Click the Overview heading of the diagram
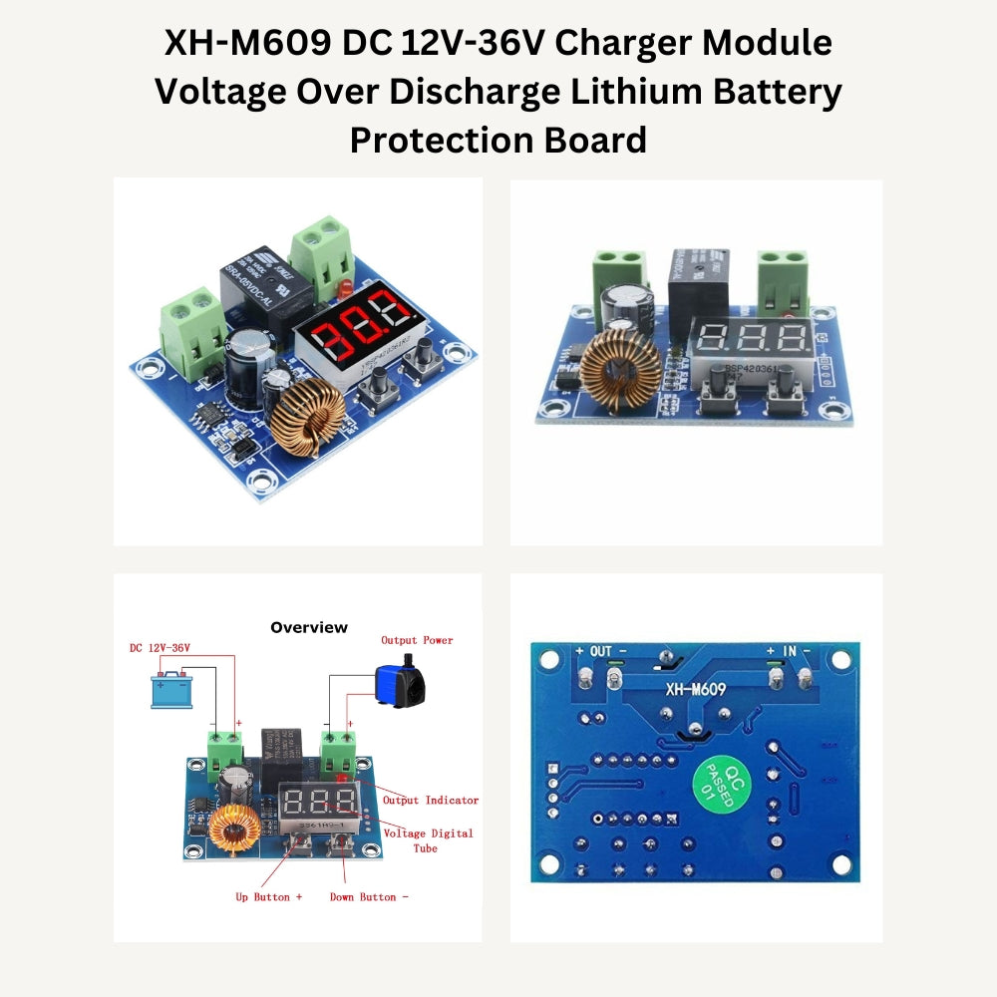[309, 627]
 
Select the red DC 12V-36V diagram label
[160, 648]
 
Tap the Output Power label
[417, 640]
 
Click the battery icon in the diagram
[171, 689]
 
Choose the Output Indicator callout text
[431, 800]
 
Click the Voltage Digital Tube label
[429, 839]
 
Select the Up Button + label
[269, 897]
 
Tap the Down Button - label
[369, 897]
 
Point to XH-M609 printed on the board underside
[695, 688]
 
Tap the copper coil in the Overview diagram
[232, 829]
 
